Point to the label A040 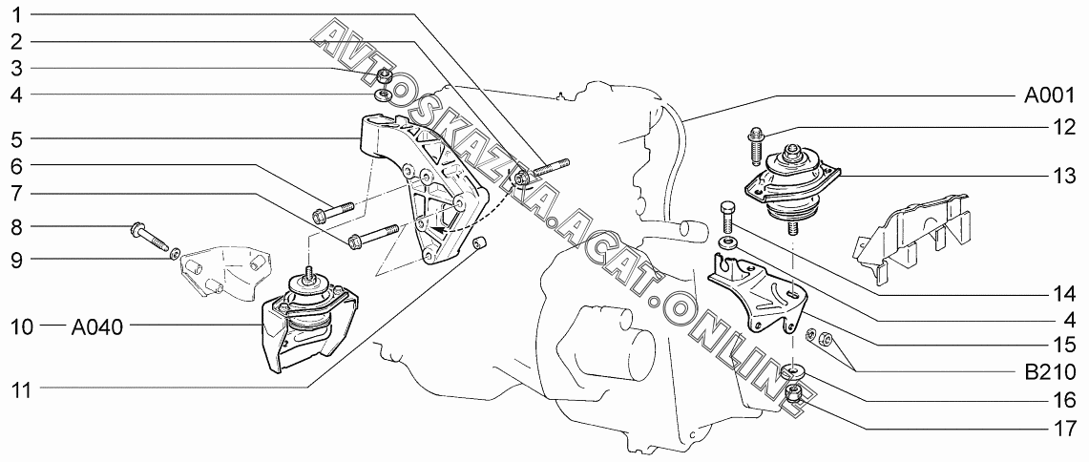pyautogui.click(x=96, y=326)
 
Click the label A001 pyautogui.click(x=1050, y=95)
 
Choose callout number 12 pyautogui.click(x=1063, y=126)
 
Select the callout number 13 pyautogui.click(x=1063, y=177)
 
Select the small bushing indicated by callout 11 pyautogui.click(x=482, y=247)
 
